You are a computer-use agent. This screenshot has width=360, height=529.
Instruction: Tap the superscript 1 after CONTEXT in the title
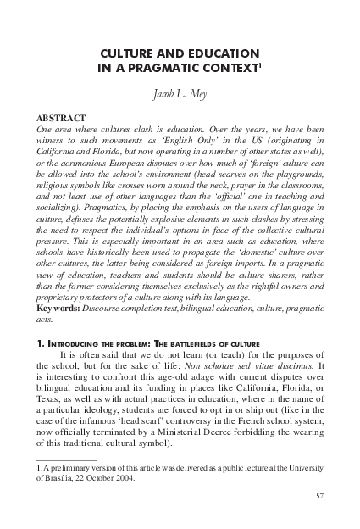pyautogui.click(x=258, y=65)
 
